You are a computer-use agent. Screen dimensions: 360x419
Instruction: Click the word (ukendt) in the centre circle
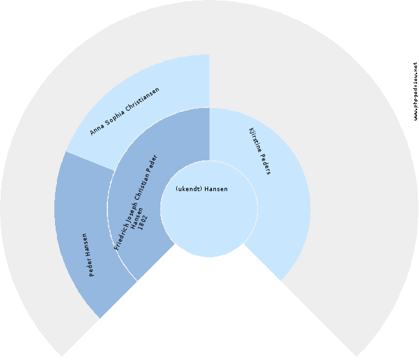pos(189,189)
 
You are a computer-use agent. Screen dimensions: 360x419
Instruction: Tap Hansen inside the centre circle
pos(215,189)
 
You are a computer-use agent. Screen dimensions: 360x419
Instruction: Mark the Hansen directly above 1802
pos(137,219)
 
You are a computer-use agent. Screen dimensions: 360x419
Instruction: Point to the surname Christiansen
pos(141,98)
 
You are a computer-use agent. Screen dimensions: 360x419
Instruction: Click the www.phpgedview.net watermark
pos(415,92)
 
